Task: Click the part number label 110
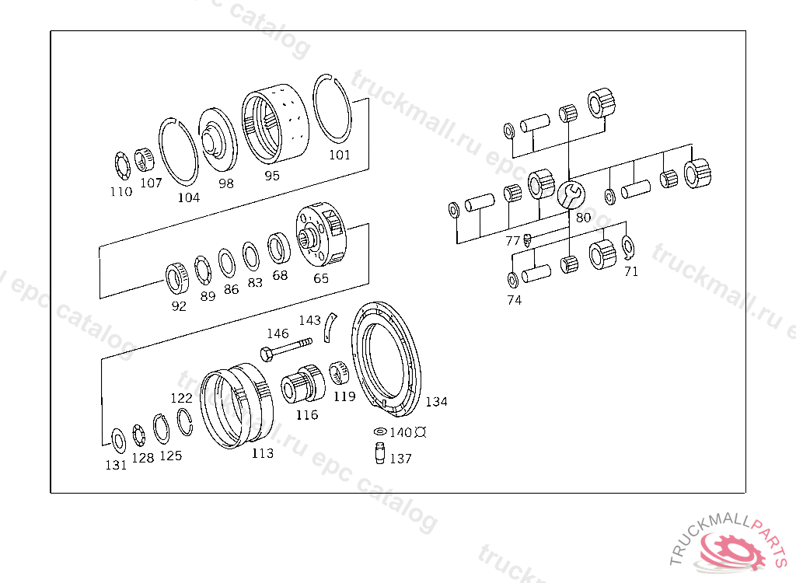click(x=121, y=191)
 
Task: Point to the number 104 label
click(x=189, y=197)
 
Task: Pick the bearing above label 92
click(x=177, y=278)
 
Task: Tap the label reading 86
click(x=231, y=289)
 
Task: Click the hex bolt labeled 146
click(x=286, y=348)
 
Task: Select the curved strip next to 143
click(x=330, y=327)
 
